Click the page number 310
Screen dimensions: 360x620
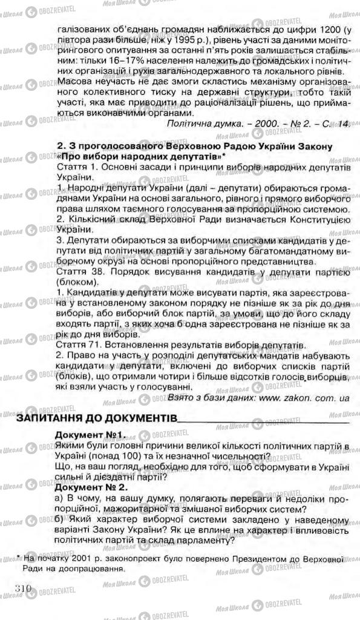click(x=23, y=588)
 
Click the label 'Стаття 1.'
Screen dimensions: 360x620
click(x=76, y=169)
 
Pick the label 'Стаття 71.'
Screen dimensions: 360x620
click(x=78, y=344)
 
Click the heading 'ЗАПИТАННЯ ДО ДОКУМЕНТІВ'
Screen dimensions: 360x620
click(x=97, y=419)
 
